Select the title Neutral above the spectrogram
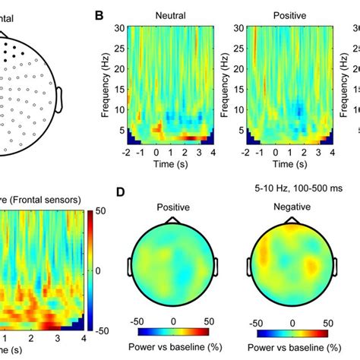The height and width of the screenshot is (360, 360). click(171, 14)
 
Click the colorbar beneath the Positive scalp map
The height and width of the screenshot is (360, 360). click(173, 333)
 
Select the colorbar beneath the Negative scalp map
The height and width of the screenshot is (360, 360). click(293, 333)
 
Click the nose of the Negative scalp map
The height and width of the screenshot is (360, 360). click(293, 219)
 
